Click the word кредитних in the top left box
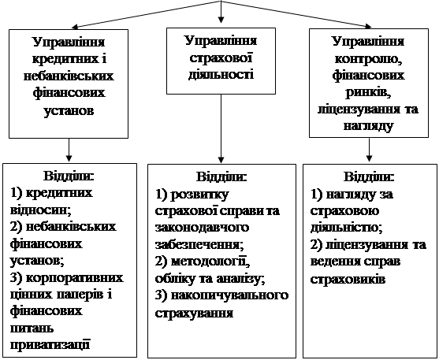65,60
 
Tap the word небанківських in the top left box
69,76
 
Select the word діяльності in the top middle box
221,75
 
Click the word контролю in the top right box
368,59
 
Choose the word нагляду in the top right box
368,126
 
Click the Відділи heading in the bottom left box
69,176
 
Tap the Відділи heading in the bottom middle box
221,177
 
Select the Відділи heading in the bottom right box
370,177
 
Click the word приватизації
50,344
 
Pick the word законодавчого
202,228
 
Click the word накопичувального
229,295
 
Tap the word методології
210,262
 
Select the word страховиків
348,279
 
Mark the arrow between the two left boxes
69,150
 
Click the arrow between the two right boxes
370,150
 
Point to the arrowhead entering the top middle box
221,20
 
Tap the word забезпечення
199,245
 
